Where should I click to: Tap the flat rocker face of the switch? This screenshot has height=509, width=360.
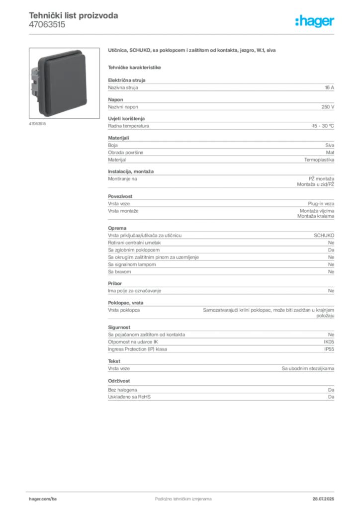(x=64, y=79)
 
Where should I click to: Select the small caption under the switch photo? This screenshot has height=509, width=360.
(x=37, y=124)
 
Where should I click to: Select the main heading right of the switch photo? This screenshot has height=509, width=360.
(x=192, y=51)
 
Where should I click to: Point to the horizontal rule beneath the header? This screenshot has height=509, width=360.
(x=182, y=33)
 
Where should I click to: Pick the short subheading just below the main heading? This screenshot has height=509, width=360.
(x=135, y=67)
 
